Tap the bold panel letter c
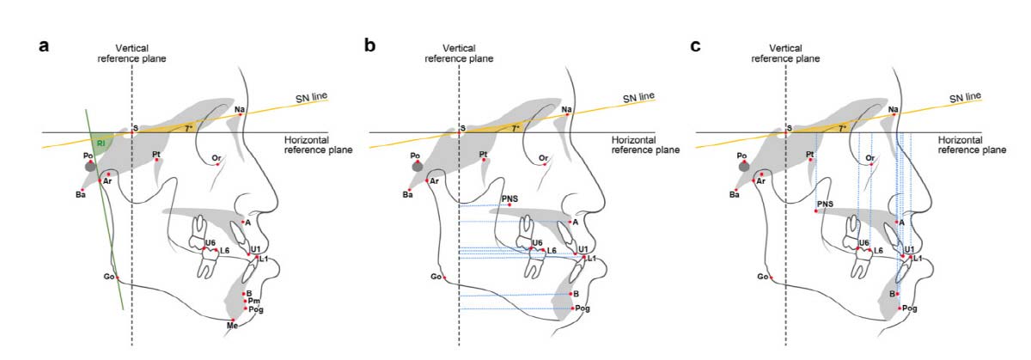click(x=696, y=46)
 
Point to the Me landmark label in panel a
click(x=231, y=327)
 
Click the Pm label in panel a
click(x=254, y=302)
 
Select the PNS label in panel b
click(x=509, y=198)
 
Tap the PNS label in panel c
click(x=825, y=204)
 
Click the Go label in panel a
click(x=109, y=277)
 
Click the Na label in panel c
click(x=894, y=109)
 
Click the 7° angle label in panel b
click(x=515, y=128)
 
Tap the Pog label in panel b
click(x=583, y=308)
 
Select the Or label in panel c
click(x=870, y=158)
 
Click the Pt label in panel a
click(x=156, y=155)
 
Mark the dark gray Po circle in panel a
click(x=89, y=168)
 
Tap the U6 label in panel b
click(x=536, y=243)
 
